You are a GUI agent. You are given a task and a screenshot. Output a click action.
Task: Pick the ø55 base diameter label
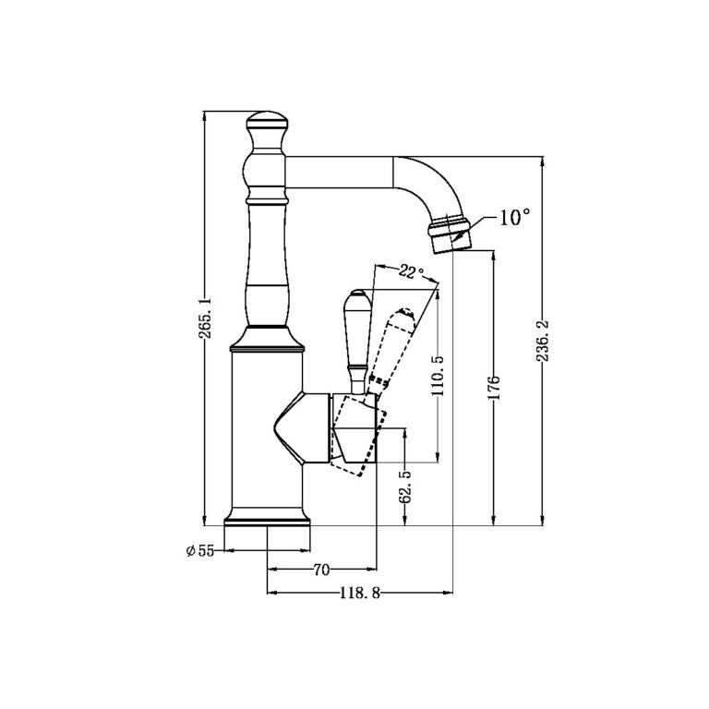point(199,551)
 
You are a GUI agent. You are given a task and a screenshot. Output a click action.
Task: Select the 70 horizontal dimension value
point(321,570)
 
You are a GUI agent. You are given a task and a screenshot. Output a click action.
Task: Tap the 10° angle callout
point(514,218)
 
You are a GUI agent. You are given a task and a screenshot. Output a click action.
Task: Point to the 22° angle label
point(411,272)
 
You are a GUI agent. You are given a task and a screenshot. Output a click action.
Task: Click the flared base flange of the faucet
point(269,519)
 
